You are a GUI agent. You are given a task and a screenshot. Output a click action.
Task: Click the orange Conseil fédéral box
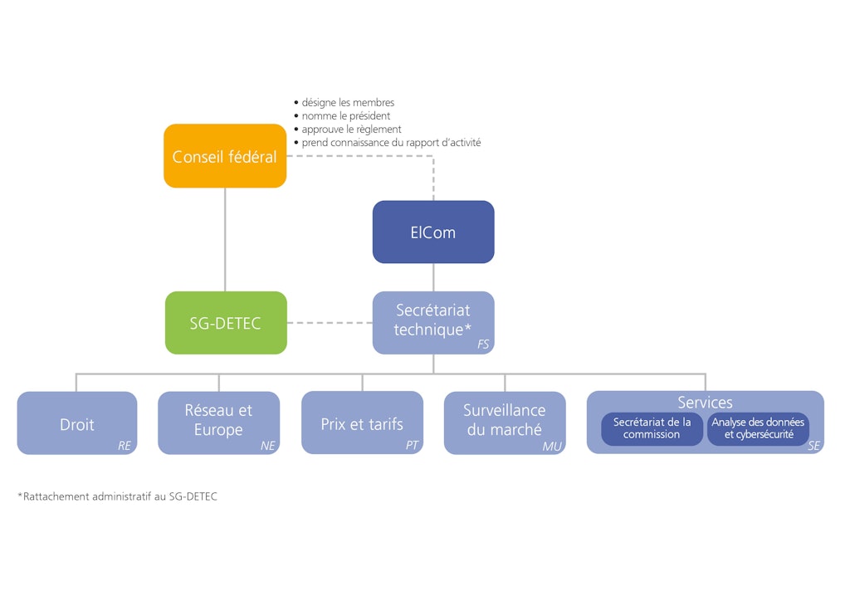click(225, 156)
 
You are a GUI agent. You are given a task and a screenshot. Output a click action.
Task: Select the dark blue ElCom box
click(433, 232)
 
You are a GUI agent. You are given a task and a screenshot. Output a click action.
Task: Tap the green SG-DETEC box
click(225, 323)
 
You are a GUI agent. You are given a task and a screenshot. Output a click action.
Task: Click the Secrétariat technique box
click(433, 320)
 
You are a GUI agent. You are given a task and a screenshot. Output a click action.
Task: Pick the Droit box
click(77, 423)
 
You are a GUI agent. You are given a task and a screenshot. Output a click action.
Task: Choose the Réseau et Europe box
click(219, 420)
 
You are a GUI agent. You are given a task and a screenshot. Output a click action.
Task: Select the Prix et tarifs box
click(362, 423)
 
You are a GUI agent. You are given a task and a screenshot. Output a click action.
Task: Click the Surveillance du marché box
click(505, 420)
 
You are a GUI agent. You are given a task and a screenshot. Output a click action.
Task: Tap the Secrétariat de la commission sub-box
click(652, 428)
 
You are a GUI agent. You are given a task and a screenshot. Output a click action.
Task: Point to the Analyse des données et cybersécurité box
click(758, 428)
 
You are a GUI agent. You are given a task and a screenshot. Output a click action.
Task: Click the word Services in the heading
click(705, 403)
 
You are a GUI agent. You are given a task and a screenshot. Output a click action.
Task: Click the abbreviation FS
click(483, 344)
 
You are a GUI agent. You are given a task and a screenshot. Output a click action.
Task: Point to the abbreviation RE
click(125, 446)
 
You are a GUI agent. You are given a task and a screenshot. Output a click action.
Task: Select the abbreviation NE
click(267, 446)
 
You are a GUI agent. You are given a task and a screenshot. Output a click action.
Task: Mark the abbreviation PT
click(412, 446)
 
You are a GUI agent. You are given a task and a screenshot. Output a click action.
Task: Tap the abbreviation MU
click(552, 447)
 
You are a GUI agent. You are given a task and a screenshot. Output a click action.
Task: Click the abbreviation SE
click(813, 447)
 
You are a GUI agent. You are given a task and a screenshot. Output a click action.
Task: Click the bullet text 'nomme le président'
click(345, 116)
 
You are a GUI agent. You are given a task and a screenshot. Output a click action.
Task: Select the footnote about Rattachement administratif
click(117, 496)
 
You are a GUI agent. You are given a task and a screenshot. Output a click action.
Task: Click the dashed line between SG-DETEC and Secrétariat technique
click(330, 323)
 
